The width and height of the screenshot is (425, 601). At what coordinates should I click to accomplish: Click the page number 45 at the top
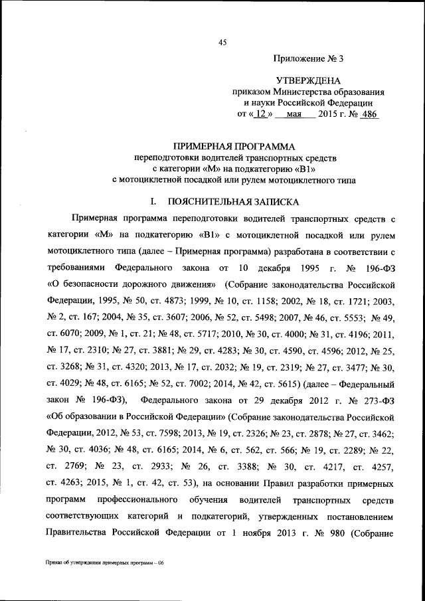click(223, 43)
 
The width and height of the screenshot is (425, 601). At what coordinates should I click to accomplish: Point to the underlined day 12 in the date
click(262, 114)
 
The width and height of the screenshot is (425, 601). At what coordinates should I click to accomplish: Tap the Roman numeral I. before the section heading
click(154, 200)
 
